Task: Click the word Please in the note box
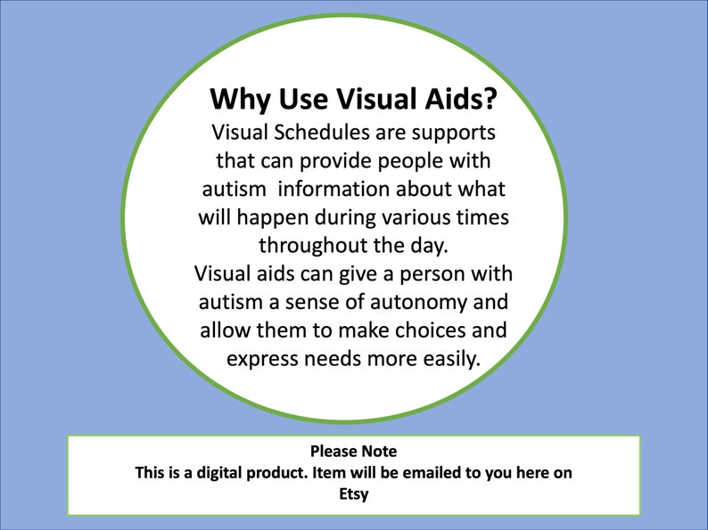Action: point(330,453)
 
